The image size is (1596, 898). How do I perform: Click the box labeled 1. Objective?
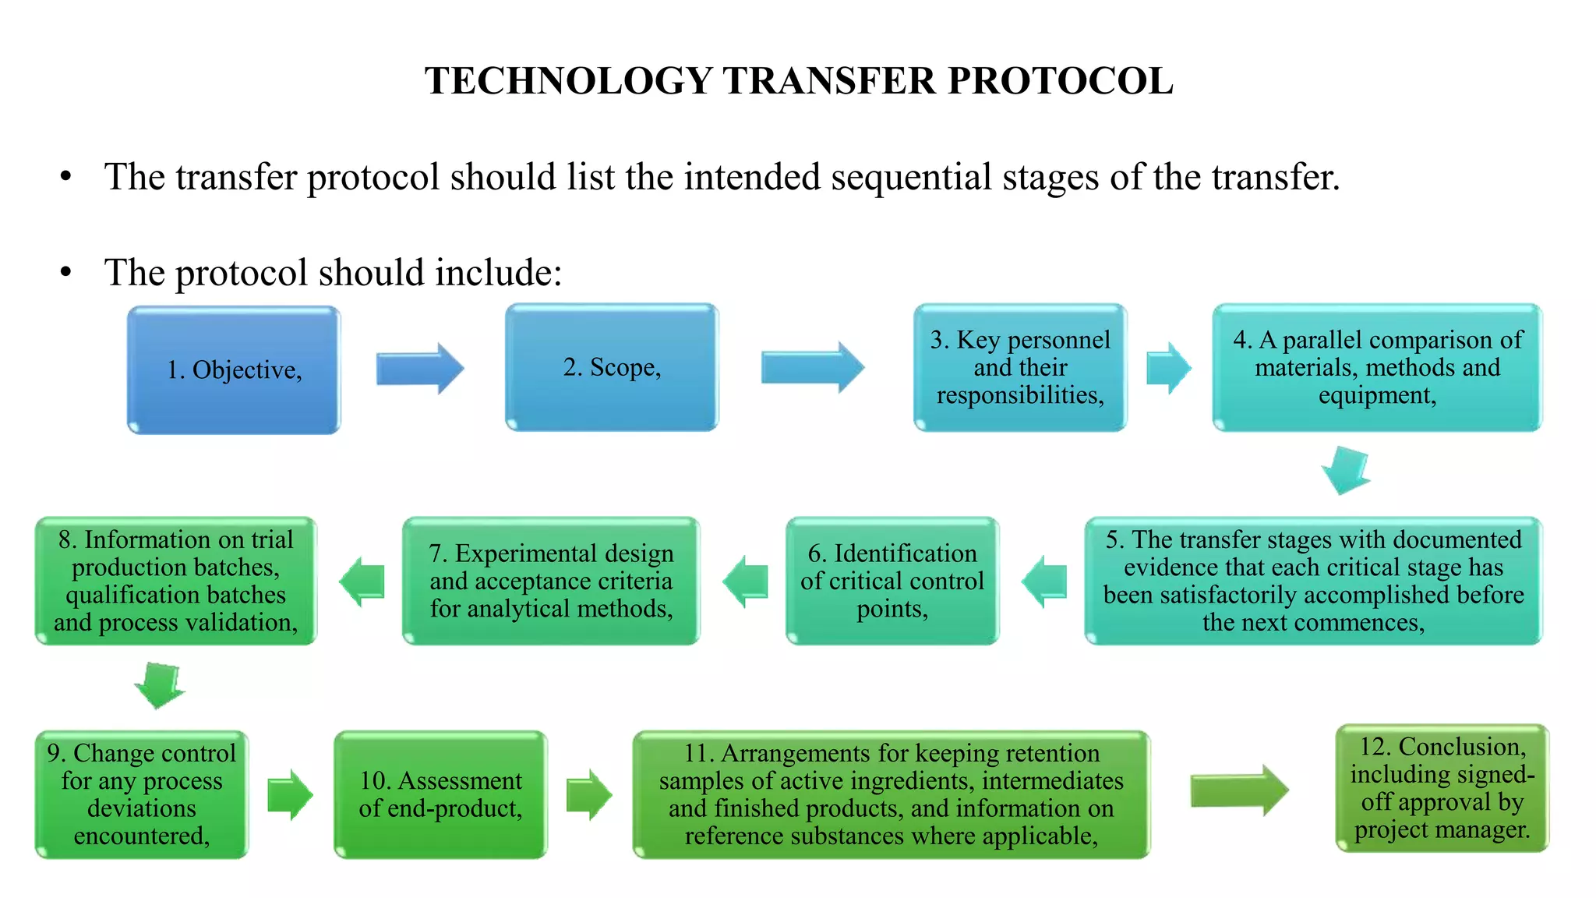click(x=234, y=369)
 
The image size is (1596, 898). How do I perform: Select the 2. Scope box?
click(x=612, y=367)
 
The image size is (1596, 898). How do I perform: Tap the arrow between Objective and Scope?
click(x=420, y=368)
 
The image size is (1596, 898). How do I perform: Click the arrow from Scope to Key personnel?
click(x=812, y=366)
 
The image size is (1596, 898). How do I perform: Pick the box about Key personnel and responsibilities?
click(x=1020, y=367)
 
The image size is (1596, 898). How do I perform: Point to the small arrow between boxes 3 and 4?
click(x=1168, y=367)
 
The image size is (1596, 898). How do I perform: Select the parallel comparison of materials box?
click(x=1377, y=367)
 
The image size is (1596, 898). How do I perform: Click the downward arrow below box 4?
click(x=1346, y=470)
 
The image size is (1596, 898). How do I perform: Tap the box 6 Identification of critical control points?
click(x=892, y=581)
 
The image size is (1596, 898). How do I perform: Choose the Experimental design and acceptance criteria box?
click(x=551, y=581)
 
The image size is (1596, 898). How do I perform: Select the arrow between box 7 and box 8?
click(x=362, y=582)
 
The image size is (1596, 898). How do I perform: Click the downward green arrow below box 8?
click(x=160, y=685)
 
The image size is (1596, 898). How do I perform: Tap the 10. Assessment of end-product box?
click(x=440, y=794)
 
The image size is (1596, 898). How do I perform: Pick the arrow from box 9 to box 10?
click(x=290, y=794)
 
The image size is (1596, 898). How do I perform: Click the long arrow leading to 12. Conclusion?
click(x=1239, y=790)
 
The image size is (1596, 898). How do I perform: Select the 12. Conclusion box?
click(x=1442, y=788)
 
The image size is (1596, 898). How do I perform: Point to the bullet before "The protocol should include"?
click(x=66, y=272)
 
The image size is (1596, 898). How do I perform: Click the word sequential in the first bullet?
click(x=911, y=177)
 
